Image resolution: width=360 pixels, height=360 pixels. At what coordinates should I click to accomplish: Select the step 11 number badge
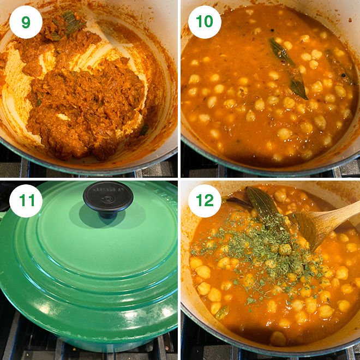point(26,202)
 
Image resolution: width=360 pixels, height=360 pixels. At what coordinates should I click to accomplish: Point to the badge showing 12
point(205,202)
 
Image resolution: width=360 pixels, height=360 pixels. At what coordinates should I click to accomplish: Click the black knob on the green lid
point(107,196)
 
